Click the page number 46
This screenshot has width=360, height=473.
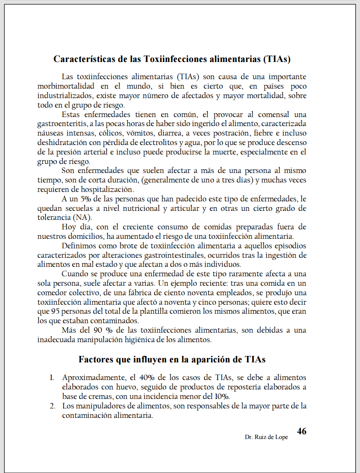click(x=302, y=431)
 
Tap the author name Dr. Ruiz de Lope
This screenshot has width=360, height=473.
click(x=266, y=437)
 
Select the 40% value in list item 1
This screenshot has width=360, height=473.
click(x=148, y=377)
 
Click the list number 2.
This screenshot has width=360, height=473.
click(x=52, y=406)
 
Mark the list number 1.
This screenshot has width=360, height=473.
click(x=52, y=377)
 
